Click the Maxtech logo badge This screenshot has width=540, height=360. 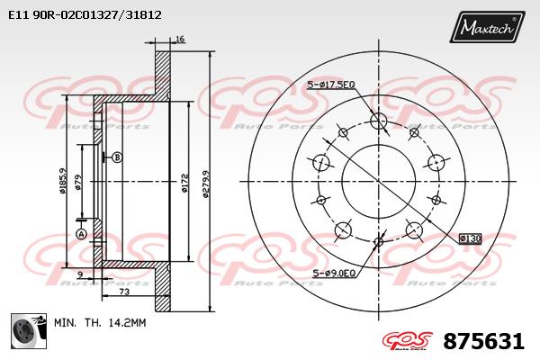487,27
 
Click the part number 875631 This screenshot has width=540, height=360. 484,341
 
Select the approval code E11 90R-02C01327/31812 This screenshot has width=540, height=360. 85,15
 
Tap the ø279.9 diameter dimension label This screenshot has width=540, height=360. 206,184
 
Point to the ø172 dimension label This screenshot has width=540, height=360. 184,184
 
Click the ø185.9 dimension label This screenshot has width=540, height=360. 62,181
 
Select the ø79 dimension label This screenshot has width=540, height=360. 78,182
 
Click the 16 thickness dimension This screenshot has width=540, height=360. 180,39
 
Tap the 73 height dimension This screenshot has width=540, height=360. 124,292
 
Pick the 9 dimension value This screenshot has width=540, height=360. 80,274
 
